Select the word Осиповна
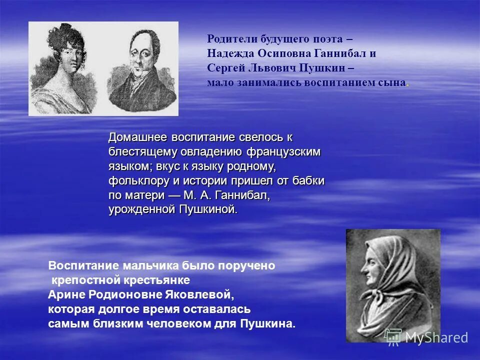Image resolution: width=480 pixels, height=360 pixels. [285, 53]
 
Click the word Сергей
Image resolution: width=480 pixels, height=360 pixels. [223, 68]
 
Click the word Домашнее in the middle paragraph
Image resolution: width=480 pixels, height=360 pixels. [138, 137]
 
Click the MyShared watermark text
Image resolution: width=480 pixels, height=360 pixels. [436, 337]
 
